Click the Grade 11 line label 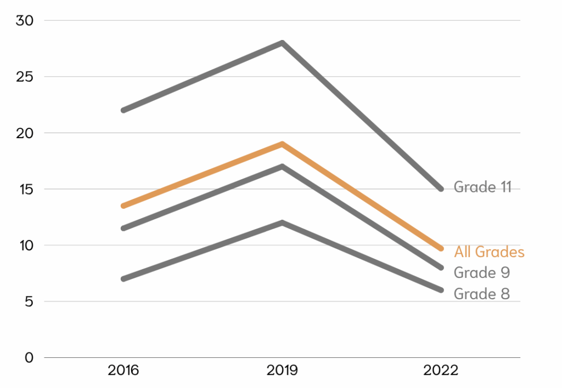[x=482, y=187]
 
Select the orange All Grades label [x=489, y=252]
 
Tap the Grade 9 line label [x=482, y=272]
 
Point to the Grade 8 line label [x=482, y=294]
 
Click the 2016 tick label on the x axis [x=123, y=370]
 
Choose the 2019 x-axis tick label [x=282, y=370]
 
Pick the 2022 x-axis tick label [x=441, y=370]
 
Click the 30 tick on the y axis [x=25, y=21]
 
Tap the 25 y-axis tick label [x=25, y=77]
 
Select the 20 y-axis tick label [x=25, y=133]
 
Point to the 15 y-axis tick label [x=25, y=189]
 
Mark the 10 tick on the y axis [x=25, y=246]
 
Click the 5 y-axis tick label [x=30, y=301]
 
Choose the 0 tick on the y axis [x=30, y=358]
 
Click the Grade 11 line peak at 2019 [x=282, y=43]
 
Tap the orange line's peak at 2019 [x=282, y=144]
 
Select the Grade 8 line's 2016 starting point [x=123, y=279]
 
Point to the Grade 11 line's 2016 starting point [x=123, y=110]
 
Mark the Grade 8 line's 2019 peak [x=282, y=222]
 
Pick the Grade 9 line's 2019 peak [x=282, y=167]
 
